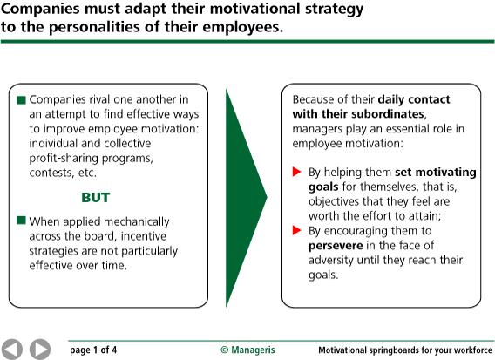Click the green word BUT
point(96,198)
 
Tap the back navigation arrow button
point(11,350)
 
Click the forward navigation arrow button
point(40,350)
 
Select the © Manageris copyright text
point(247,350)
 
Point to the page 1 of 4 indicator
point(93,350)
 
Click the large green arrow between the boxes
point(247,198)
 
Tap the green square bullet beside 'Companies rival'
point(21,100)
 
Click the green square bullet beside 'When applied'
point(21,221)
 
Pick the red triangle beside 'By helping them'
point(297,172)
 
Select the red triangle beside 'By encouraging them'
point(297,230)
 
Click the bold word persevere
point(336,246)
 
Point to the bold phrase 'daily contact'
point(414,99)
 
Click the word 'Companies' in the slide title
point(40,10)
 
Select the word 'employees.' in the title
point(243,28)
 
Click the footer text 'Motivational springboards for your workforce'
point(405,350)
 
